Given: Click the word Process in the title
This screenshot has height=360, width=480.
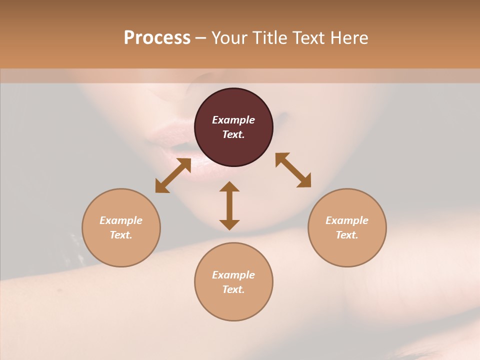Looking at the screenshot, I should pyautogui.click(x=157, y=38).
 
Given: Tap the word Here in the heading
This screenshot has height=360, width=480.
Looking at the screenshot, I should pyautogui.click(x=349, y=38).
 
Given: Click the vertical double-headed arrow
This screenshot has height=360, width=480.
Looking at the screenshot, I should pyautogui.click(x=229, y=205).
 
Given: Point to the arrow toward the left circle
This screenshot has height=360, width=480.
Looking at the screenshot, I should pyautogui.click(x=173, y=175).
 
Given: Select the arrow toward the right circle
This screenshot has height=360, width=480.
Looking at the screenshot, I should pyautogui.click(x=293, y=170).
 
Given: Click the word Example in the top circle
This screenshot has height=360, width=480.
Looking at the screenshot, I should pyautogui.click(x=233, y=120).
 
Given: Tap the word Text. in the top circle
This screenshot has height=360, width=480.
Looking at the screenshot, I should pyautogui.click(x=233, y=134).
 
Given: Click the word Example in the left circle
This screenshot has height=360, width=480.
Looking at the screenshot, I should pyautogui.click(x=121, y=220).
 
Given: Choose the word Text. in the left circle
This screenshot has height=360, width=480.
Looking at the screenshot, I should pyautogui.click(x=121, y=235).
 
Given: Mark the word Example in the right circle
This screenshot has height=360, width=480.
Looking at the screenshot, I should pyautogui.click(x=347, y=220).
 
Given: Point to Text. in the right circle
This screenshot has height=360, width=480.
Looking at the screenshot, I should pyautogui.click(x=347, y=235).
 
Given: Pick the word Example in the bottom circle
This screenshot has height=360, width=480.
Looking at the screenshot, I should pyautogui.click(x=233, y=275).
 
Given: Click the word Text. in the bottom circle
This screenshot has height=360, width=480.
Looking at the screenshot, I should pyautogui.click(x=233, y=289).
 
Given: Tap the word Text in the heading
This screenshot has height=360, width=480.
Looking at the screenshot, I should pyautogui.click(x=309, y=38).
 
